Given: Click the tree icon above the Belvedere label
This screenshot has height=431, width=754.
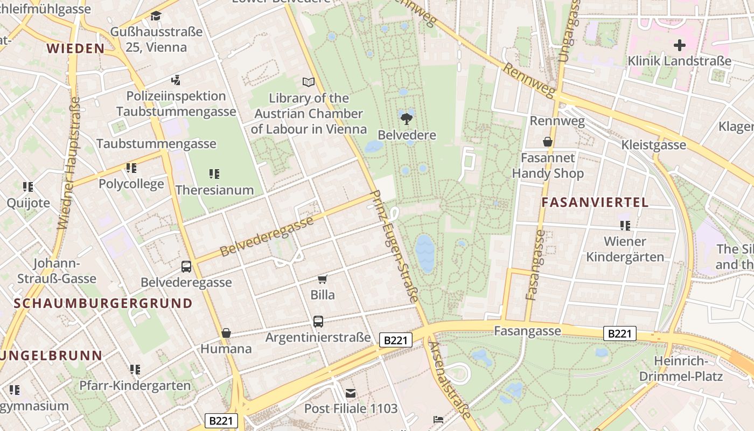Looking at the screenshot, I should tap(407, 118).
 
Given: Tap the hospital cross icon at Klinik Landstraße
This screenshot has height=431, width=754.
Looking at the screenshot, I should tap(680, 45).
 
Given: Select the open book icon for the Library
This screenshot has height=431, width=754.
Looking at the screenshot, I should tap(308, 82).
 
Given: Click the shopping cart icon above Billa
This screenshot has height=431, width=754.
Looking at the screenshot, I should tap(322, 279).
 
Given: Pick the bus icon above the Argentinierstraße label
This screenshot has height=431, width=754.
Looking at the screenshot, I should tap(318, 322).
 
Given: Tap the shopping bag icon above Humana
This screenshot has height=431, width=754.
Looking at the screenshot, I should tap(226, 333).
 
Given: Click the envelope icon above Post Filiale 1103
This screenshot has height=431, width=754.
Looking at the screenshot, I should tap(351, 393).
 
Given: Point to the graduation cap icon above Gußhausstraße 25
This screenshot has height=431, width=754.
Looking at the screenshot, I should tap(156, 16).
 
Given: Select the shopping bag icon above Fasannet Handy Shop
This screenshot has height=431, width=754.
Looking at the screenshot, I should tap(547, 142).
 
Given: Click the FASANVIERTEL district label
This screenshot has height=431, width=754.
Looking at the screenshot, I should tap(595, 203).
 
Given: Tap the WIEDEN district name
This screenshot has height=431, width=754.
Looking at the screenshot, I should tap(75, 48).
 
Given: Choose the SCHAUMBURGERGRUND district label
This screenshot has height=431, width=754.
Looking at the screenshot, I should tap(103, 303).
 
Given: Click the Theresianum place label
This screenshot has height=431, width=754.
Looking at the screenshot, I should tap(214, 190).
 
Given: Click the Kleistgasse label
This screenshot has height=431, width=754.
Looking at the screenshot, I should tap(653, 144).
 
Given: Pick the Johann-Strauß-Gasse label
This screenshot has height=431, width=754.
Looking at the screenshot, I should tap(57, 271).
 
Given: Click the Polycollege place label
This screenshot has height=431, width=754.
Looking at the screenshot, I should tap(131, 184).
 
